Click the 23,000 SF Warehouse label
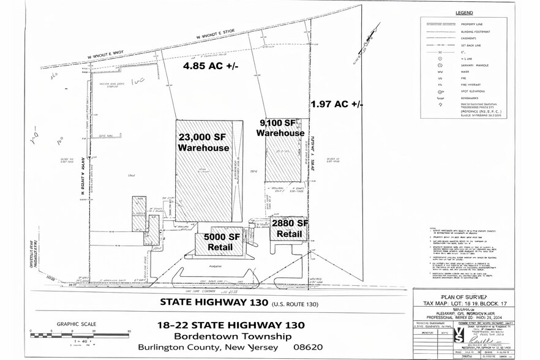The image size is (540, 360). click(203, 142)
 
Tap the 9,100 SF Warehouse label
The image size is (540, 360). click(280, 127)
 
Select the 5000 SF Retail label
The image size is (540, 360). click(218, 242)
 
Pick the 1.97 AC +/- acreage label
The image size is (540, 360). click(337, 103)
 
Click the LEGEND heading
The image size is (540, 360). click(465, 12)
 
